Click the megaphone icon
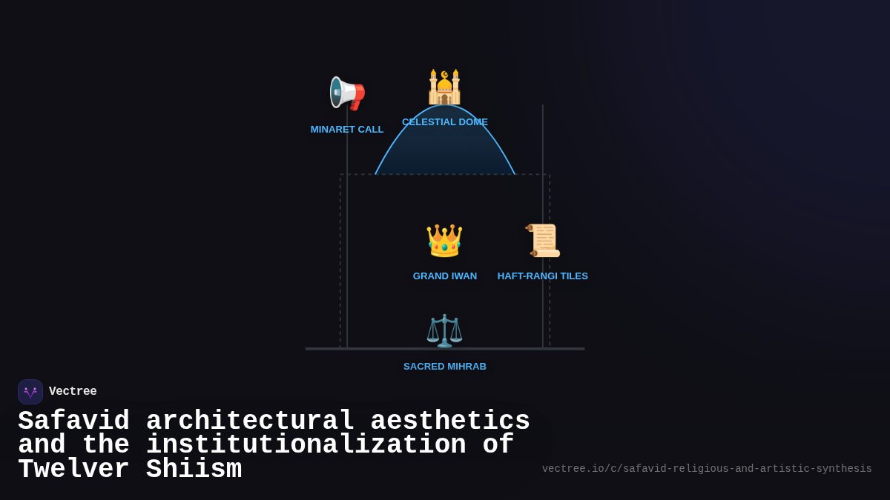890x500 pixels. point(347,93)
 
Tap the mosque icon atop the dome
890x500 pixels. point(444,87)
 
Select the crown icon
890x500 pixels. point(444,241)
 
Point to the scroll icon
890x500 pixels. point(543,241)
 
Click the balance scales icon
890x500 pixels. point(444,330)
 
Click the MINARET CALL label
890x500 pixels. point(347,130)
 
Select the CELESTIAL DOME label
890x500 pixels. point(445,122)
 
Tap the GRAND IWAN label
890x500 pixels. point(445,276)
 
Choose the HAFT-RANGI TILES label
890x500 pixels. point(543,276)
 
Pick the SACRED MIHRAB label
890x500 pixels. point(445,367)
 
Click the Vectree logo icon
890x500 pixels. point(30,392)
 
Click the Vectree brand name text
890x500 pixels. point(73,392)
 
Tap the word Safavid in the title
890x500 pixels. point(73,421)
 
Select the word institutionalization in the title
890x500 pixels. point(306,445)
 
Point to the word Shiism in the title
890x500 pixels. point(194,470)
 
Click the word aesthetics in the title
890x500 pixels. point(450,421)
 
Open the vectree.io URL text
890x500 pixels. point(707,469)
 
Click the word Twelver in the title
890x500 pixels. point(73,470)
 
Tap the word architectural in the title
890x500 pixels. point(250,421)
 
